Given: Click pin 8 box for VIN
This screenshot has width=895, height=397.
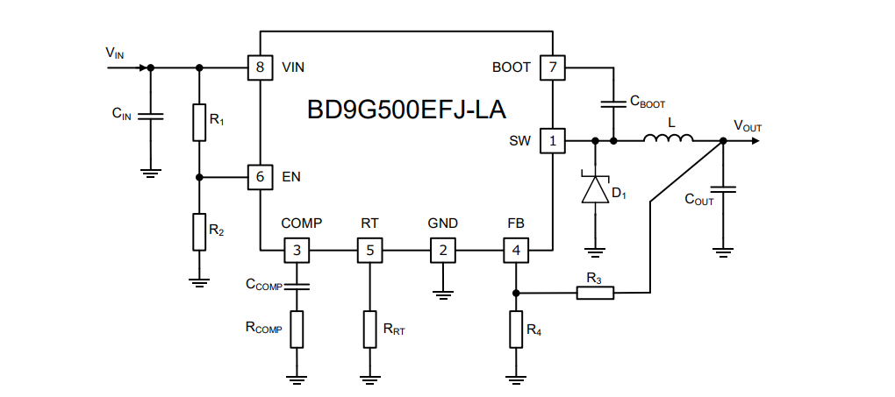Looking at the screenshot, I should click(260, 67).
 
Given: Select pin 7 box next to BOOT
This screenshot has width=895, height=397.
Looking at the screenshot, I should click(552, 67).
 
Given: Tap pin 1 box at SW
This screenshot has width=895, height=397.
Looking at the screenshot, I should click(552, 140).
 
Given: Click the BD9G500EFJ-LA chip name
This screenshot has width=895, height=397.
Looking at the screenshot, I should click(405, 110).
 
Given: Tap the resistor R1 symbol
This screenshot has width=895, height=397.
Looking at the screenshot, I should click(199, 122).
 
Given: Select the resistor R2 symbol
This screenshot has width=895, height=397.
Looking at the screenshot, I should click(199, 231).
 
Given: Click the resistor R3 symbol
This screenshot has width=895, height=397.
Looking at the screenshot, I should click(595, 293).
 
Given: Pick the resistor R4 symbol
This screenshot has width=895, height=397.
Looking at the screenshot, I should click(516, 330).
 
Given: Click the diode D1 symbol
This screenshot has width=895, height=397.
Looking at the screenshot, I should click(596, 190).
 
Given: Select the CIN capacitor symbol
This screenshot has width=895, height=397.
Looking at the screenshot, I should click(150, 116).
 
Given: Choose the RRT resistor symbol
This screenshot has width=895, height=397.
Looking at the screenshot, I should click(369, 330).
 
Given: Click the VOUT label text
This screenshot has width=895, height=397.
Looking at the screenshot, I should click(748, 126).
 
